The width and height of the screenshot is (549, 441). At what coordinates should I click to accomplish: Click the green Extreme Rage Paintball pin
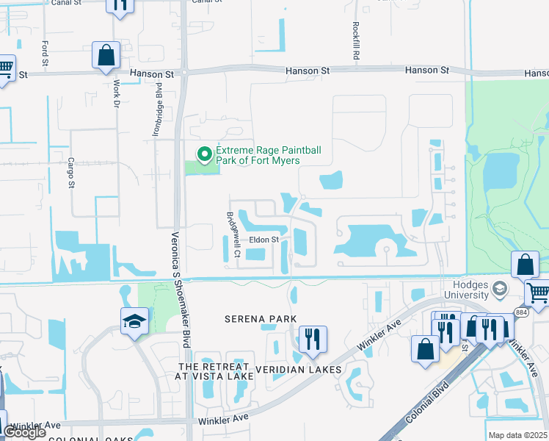[x=204, y=154]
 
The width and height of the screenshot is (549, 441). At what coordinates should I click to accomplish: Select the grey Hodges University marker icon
[x=501, y=287]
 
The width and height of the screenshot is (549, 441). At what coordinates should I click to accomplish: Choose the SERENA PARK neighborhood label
[x=261, y=319]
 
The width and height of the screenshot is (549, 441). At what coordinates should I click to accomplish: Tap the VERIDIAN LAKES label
[x=297, y=369]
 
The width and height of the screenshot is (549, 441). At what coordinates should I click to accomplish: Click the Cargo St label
[x=71, y=172]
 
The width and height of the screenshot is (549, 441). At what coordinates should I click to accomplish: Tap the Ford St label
[x=45, y=53]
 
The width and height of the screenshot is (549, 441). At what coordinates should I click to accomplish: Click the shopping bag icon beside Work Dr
[x=106, y=54]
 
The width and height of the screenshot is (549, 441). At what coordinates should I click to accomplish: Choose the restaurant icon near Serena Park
[x=313, y=339]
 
